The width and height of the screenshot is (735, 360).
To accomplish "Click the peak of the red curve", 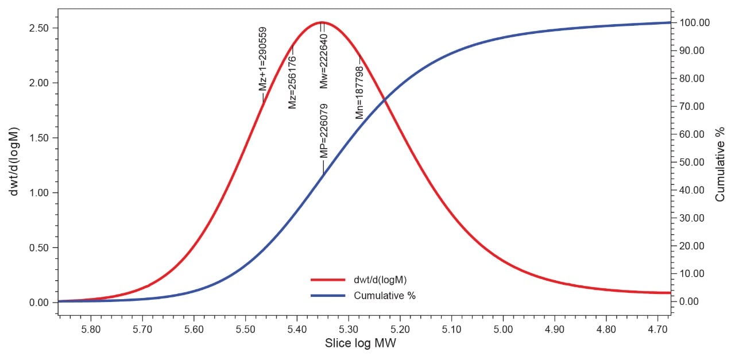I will [x=322, y=22].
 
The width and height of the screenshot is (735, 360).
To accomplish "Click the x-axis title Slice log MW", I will [x=361, y=343].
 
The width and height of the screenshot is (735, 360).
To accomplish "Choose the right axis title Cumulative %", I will [x=720, y=162].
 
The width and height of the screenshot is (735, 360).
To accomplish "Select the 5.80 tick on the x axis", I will [x=91, y=329].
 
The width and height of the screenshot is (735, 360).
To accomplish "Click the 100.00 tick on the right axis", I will [x=694, y=23].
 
